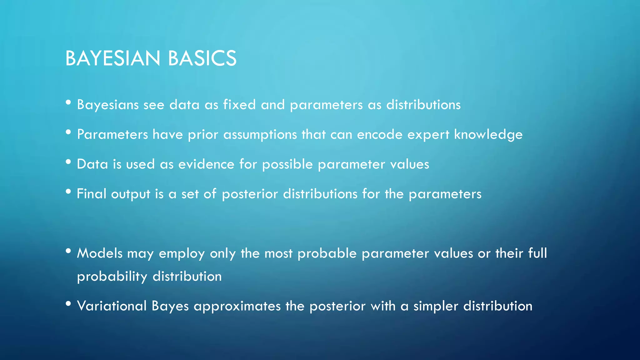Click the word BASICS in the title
pos(202,58)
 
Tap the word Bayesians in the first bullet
pos(108,105)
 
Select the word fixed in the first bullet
pos(239,105)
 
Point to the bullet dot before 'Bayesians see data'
pos(68,102)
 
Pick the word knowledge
pos(488,135)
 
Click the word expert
pos(428,135)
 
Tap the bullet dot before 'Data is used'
pos(68,162)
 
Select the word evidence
pos(206,164)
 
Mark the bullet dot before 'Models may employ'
pos(68,251)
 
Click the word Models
pos(100,253)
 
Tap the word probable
pos(327,253)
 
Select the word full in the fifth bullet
pos(537,253)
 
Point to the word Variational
pos(112,306)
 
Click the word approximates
pos(237,306)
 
